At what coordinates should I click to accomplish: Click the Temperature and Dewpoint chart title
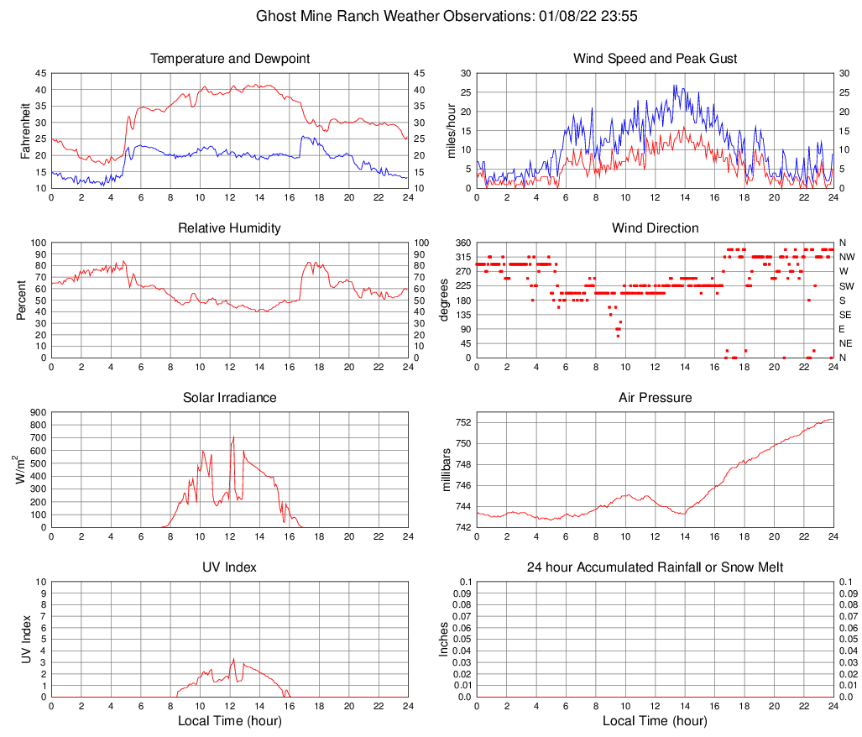point(229,59)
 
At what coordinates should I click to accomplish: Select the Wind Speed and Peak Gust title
point(655,59)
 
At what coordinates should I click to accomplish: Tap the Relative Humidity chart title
point(229,228)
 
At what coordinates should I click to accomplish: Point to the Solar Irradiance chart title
point(229,397)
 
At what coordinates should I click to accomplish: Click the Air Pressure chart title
point(655,397)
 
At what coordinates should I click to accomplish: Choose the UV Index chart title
point(229,567)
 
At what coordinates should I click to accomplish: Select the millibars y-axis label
point(447,470)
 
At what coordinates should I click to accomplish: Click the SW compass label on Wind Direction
point(847,286)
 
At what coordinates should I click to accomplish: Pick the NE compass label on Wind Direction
point(847,343)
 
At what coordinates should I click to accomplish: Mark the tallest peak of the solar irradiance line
point(232,436)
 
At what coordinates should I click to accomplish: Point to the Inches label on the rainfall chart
point(444,640)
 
